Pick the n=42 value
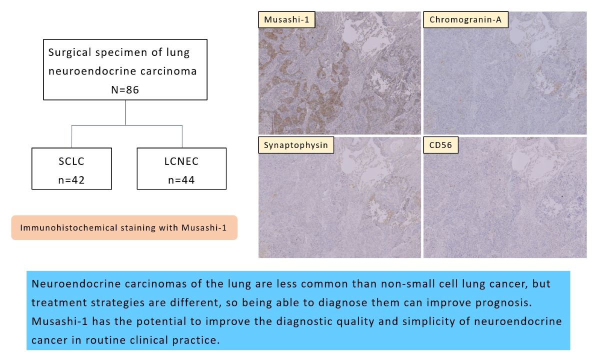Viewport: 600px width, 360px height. [x=71, y=179]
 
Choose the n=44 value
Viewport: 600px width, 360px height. [x=181, y=179]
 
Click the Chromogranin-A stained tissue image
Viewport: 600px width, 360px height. [x=505, y=75]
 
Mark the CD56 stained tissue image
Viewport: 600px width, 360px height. [x=505, y=200]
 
